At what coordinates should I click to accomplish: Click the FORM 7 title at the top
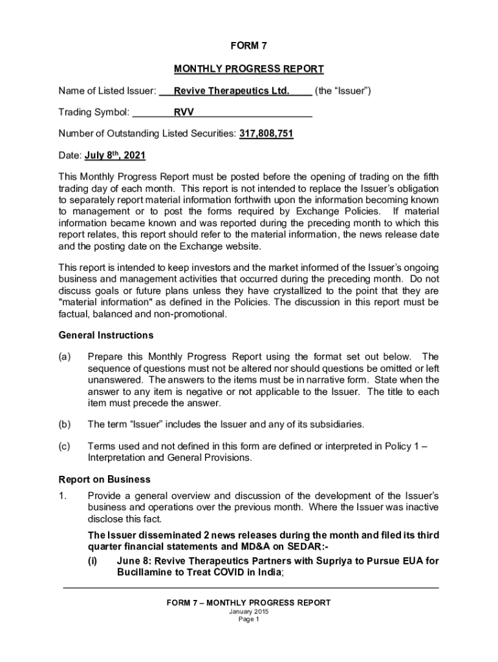coord(248,46)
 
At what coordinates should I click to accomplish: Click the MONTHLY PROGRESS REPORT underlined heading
coord(248,69)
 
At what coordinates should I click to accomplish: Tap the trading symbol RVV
coord(183,112)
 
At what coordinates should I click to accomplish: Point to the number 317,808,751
coord(266,134)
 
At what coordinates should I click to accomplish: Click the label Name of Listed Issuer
coord(107,91)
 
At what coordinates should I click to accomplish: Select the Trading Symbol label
coord(94,112)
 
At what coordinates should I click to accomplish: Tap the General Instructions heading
coord(106,335)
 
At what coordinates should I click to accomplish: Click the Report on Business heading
coord(105,479)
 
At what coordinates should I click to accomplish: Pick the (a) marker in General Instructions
coord(65,357)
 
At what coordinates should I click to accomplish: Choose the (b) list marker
coord(65,424)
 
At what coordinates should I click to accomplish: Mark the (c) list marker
coord(65,446)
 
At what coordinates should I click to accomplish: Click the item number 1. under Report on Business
coord(63,495)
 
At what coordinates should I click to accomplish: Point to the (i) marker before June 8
coord(92,561)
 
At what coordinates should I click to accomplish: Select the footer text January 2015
coord(248,612)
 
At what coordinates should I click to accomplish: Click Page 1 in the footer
coord(248,619)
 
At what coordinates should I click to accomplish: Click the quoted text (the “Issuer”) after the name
coord(343,91)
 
